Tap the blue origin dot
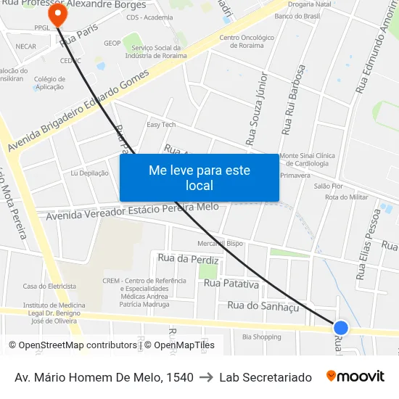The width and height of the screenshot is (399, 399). (340, 328)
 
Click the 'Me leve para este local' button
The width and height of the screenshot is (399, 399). (199, 178)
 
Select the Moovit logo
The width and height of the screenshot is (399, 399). (355, 377)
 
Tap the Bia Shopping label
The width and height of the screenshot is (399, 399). (261, 337)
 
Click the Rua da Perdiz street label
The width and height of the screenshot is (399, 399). (188, 258)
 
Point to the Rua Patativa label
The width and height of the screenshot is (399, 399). (231, 283)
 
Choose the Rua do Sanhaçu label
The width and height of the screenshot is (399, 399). (263, 305)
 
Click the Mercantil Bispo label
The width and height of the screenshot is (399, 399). (220, 243)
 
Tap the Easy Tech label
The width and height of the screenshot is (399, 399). (161, 125)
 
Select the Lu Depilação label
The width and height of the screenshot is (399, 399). (89, 173)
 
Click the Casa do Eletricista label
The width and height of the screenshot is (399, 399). (49, 286)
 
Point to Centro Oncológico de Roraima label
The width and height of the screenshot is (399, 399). (247, 41)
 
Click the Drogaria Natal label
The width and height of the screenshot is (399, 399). (309, 4)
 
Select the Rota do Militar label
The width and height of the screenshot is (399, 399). (346, 197)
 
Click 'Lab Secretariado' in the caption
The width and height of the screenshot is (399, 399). (266, 377)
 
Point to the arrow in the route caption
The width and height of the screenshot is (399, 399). (206, 377)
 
